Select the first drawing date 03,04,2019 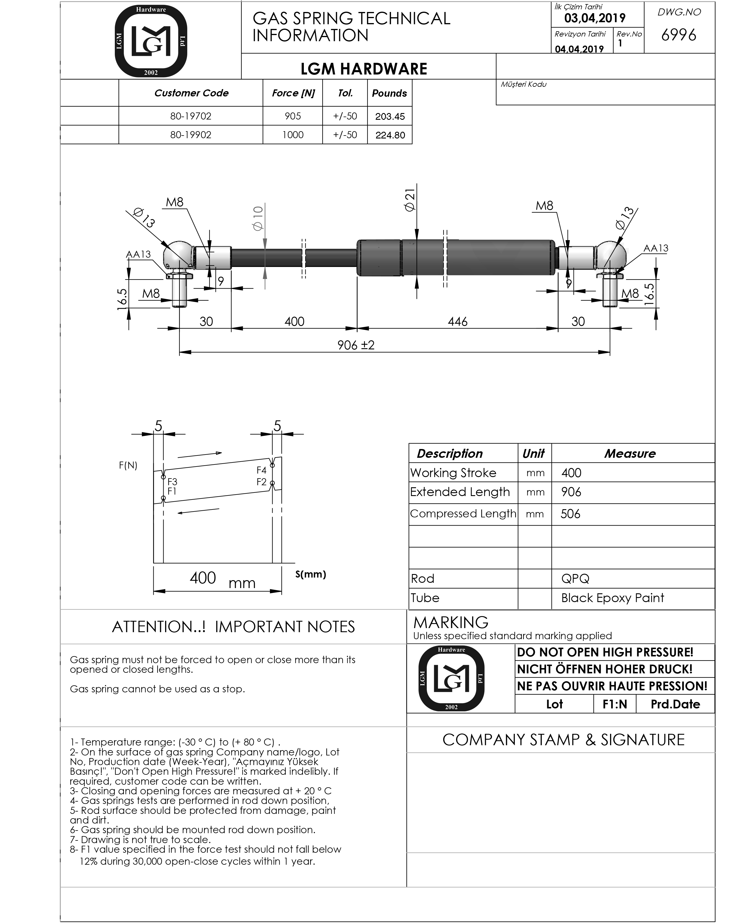(595, 18)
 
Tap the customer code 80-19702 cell (190, 116)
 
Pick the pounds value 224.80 (390, 135)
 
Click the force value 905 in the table (293, 116)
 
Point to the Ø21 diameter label (410, 200)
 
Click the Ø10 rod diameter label (258, 218)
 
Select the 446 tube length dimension (458, 321)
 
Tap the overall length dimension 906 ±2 (356, 345)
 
